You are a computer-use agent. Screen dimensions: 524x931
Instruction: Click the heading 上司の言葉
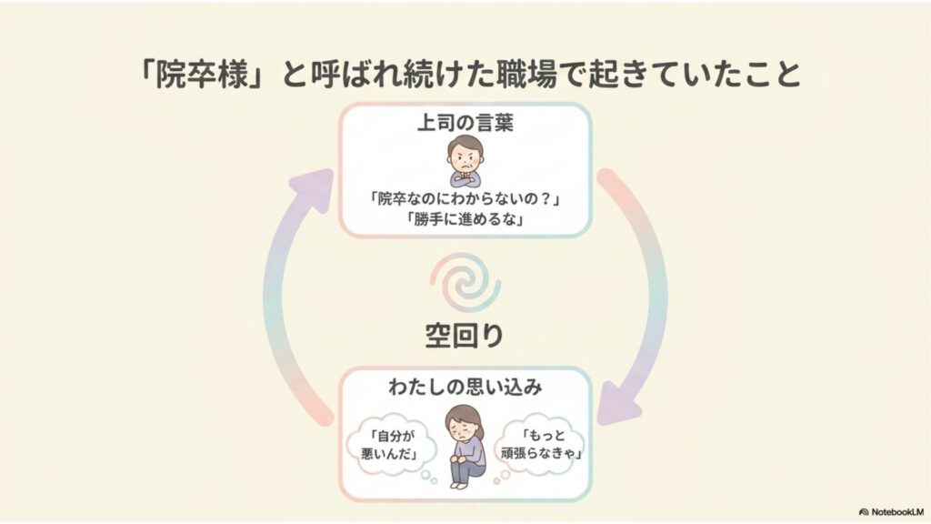[465, 123]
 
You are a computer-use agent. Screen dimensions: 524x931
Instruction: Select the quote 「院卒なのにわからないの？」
[465, 200]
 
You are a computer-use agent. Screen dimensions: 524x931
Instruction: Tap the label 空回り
[465, 336]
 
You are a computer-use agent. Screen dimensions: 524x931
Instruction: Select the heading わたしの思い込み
[465, 388]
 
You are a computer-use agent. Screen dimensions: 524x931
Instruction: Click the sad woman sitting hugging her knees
[465, 445]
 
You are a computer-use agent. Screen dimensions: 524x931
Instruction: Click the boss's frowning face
[465, 153]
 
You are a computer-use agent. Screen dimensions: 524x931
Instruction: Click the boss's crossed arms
[465, 176]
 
